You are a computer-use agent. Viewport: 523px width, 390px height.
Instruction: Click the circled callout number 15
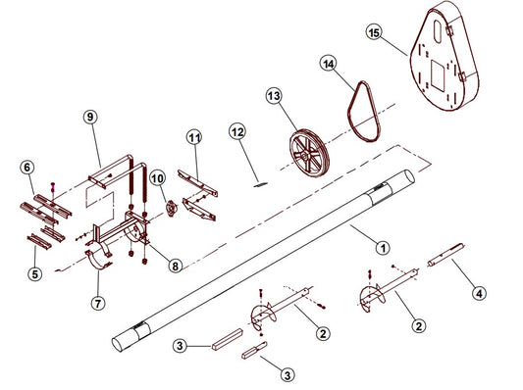[x=374, y=32]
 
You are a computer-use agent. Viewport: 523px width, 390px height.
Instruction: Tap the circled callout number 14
[x=328, y=64]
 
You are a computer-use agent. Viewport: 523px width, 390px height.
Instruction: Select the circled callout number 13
[x=274, y=96]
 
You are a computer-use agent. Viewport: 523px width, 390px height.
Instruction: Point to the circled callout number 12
[x=237, y=132]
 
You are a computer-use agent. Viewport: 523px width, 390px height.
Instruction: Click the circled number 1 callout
[x=383, y=248]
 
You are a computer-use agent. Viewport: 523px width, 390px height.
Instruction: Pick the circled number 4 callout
[x=479, y=294]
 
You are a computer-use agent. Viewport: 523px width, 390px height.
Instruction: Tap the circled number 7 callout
[x=98, y=303]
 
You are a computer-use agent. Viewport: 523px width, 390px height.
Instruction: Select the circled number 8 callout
[x=175, y=266]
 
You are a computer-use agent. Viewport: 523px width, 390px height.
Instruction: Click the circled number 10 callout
[x=157, y=178]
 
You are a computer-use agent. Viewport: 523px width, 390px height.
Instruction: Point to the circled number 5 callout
[x=35, y=274]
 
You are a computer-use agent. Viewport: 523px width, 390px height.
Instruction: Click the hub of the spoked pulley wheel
[x=305, y=156]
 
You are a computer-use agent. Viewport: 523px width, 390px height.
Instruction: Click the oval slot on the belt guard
[x=438, y=32]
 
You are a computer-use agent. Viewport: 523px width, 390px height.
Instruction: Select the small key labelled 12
[x=261, y=184]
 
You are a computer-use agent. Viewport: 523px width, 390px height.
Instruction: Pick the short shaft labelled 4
[x=445, y=255]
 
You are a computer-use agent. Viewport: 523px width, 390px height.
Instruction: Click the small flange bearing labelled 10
[x=172, y=209]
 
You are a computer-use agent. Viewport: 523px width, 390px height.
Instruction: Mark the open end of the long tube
[x=410, y=176]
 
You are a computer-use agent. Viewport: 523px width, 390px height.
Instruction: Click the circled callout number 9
[x=90, y=117]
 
